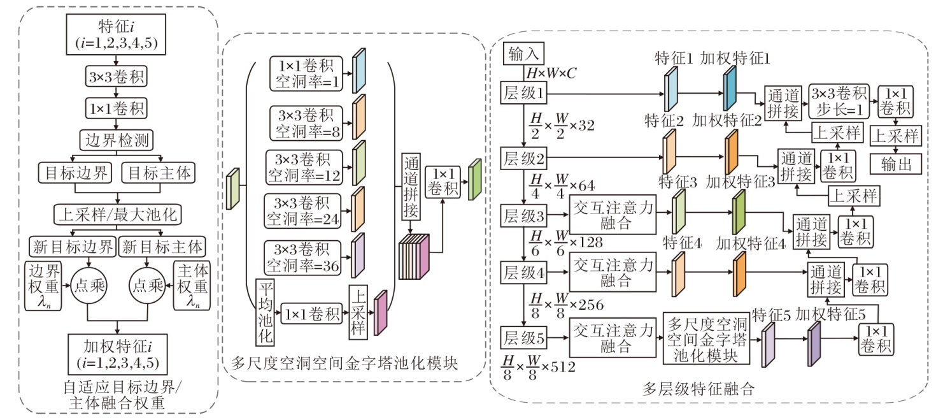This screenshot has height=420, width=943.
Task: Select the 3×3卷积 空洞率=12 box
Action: [x=305, y=165]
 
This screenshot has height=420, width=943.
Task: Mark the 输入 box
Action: [x=523, y=55]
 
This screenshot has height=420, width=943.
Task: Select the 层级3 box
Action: [x=524, y=214]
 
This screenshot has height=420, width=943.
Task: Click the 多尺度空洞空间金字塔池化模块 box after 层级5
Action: [x=705, y=338]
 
